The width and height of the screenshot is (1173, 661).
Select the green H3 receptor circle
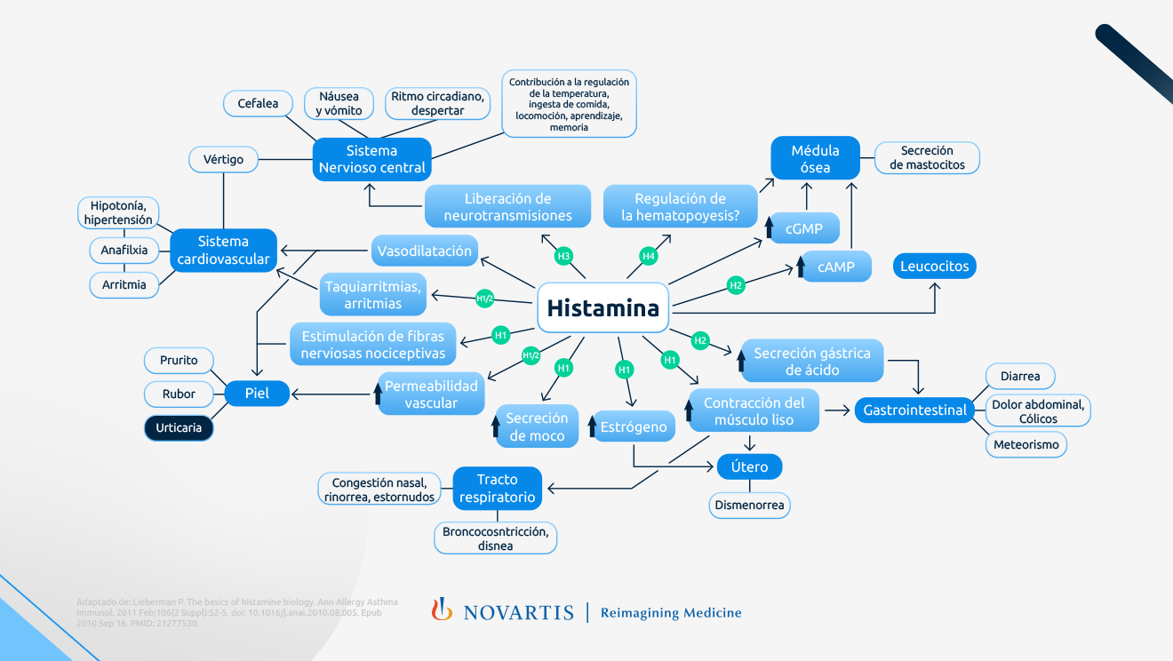(x=563, y=257)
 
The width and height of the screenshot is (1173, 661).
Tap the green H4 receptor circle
(x=649, y=257)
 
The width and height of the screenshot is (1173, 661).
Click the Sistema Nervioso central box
(x=371, y=159)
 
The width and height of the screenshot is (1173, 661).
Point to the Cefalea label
(x=258, y=103)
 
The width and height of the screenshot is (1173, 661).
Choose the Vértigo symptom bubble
(x=223, y=159)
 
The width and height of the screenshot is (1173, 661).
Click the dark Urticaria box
(x=179, y=427)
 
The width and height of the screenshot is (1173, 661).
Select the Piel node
(x=256, y=394)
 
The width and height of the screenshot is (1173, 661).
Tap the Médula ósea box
(x=815, y=159)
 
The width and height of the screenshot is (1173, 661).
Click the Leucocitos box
(x=934, y=266)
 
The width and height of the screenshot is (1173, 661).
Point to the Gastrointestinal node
(x=915, y=410)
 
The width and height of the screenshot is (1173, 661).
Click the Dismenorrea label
(x=750, y=506)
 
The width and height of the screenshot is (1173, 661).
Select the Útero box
(x=749, y=466)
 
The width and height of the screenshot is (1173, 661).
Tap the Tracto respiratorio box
(x=497, y=488)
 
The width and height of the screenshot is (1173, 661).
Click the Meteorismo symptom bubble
(x=1025, y=444)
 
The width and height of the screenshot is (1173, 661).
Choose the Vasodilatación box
(x=425, y=251)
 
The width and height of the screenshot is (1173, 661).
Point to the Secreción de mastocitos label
(x=927, y=158)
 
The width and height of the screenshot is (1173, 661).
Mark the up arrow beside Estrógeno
(x=592, y=426)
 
